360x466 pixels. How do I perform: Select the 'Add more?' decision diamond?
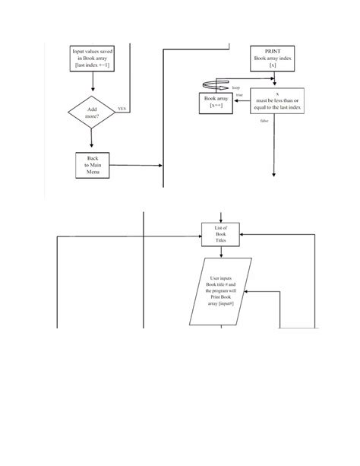pyautogui.click(x=91, y=113)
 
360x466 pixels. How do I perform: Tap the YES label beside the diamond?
pyautogui.click(x=121, y=109)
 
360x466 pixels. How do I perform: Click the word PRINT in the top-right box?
pyautogui.click(x=272, y=49)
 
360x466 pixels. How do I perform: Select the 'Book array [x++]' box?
pyautogui.click(x=216, y=102)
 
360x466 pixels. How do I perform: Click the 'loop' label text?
pyautogui.click(x=235, y=89)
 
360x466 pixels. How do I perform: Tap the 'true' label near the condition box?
pyautogui.click(x=238, y=96)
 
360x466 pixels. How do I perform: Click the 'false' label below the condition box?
pyautogui.click(x=264, y=121)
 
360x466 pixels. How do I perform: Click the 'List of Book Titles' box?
pyautogui.click(x=221, y=233)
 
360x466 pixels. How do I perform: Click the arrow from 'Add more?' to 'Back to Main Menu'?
pyautogui.click(x=91, y=139)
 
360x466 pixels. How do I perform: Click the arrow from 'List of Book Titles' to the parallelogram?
pyautogui.click(x=221, y=252)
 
